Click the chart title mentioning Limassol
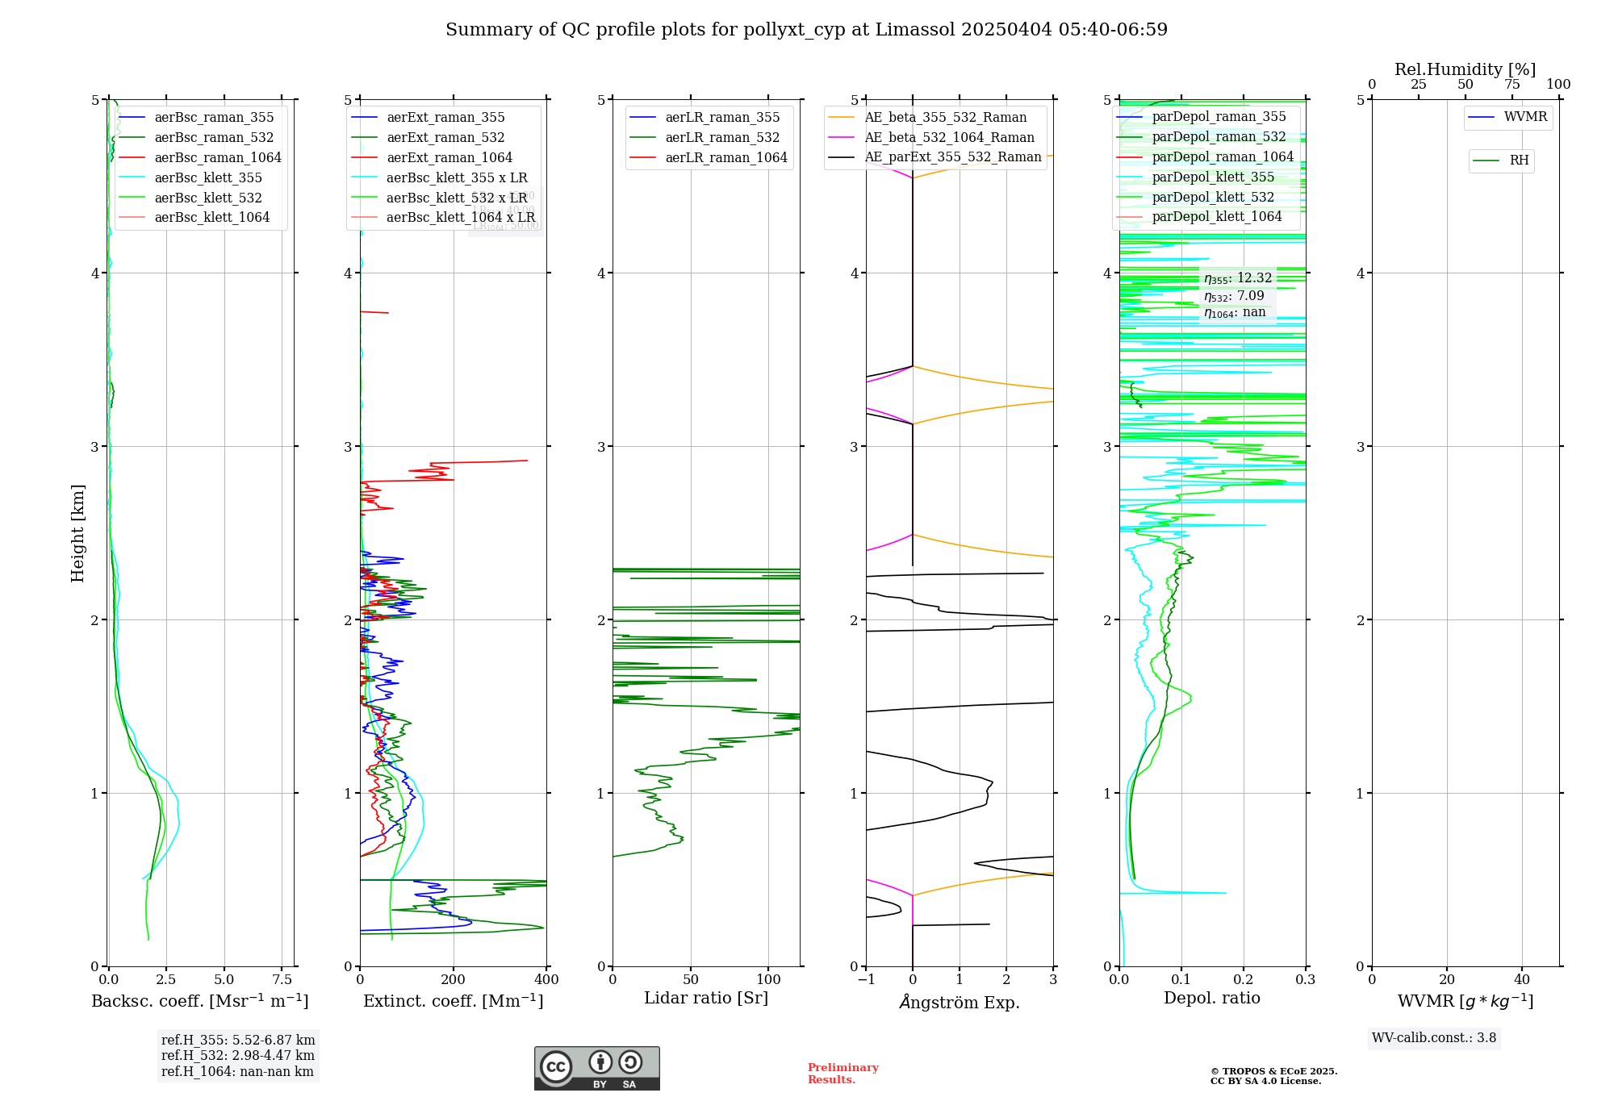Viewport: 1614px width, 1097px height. (806, 30)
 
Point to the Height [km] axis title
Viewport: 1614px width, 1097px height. (77, 533)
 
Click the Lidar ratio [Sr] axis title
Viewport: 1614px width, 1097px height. (706, 999)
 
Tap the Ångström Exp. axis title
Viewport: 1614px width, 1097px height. (960, 1003)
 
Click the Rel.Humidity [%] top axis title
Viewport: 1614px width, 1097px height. (1465, 69)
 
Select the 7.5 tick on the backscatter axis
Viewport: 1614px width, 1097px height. (282, 980)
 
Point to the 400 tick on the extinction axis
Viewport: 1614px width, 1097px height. (546, 980)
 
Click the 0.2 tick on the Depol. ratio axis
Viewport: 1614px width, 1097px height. (1244, 980)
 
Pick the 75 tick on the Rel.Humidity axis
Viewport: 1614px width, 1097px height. (1512, 85)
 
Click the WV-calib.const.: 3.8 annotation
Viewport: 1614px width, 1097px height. (1433, 1038)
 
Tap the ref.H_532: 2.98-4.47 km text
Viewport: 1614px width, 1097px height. (237, 1056)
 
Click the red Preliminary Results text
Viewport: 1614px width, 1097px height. (843, 1074)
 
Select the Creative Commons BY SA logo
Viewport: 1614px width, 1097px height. (596, 1069)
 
